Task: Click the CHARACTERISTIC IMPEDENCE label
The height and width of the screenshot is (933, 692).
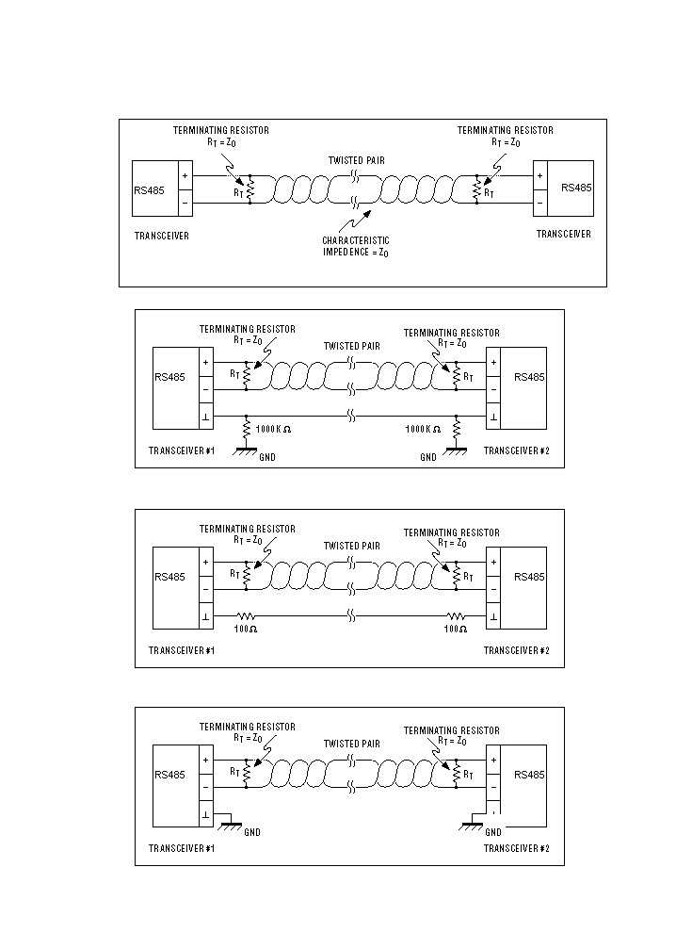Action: pyautogui.click(x=356, y=246)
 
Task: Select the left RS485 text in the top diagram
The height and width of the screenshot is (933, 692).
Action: pyautogui.click(x=149, y=190)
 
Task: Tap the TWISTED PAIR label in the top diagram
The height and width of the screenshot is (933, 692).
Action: pyautogui.click(x=357, y=160)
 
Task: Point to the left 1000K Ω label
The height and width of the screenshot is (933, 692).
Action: pyautogui.click(x=273, y=429)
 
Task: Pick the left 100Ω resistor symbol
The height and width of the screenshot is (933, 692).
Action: pyautogui.click(x=246, y=615)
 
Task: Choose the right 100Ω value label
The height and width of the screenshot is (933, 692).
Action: pyautogui.click(x=456, y=629)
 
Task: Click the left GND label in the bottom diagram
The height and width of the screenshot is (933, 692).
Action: pyautogui.click(x=252, y=832)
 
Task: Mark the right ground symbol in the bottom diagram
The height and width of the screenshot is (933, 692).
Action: pyautogui.click(x=472, y=826)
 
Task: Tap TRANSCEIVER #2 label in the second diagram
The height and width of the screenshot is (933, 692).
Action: pyautogui.click(x=517, y=451)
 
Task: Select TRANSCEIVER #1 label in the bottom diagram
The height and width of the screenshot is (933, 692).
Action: pyautogui.click(x=182, y=848)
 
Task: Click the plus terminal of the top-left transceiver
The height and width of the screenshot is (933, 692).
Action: pyautogui.click(x=185, y=176)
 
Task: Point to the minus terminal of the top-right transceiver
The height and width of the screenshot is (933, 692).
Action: pyautogui.click(x=539, y=204)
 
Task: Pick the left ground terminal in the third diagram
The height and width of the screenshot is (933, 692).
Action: pyautogui.click(x=205, y=616)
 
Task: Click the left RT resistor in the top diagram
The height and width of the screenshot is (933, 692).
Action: pyautogui.click(x=249, y=189)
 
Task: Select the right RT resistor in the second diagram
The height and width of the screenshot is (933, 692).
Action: pyautogui.click(x=456, y=376)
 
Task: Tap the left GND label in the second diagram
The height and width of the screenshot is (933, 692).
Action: pyautogui.click(x=267, y=458)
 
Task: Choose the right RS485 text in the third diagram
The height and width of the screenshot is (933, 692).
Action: pyautogui.click(x=529, y=577)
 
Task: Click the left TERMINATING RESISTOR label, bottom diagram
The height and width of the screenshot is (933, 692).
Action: pyautogui.click(x=248, y=728)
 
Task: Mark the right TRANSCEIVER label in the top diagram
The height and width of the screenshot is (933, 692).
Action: pyautogui.click(x=564, y=235)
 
